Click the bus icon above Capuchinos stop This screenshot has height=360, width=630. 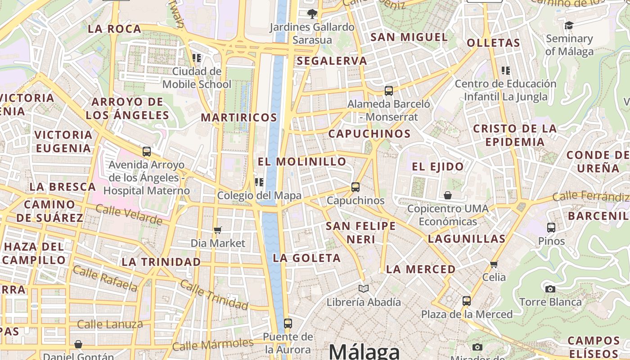pos(355,187)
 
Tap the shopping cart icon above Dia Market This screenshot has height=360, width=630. pos(218,230)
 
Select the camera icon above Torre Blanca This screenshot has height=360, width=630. pos(550,289)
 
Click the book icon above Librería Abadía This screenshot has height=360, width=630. pos(364,288)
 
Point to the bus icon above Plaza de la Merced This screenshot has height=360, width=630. pos(467,301)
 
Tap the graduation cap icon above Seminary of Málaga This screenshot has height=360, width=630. pos(569,25)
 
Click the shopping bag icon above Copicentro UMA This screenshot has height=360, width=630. pos(448,195)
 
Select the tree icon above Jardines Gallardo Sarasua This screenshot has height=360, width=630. pos(311,14)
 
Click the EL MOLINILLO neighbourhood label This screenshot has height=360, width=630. pos(302,162)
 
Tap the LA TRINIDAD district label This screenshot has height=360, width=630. pos(161,262)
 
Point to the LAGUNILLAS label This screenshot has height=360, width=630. pos(467,239)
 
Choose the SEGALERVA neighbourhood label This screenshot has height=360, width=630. pos(332,61)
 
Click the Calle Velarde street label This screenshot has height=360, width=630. pos(129,215)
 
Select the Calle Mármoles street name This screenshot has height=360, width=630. pos(213,345)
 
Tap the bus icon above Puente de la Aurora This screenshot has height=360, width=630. pos(288,323)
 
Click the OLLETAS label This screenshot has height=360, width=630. pos(493,43)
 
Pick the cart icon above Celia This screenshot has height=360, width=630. pos(494,264)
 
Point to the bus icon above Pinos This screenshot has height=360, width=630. pos(551,228)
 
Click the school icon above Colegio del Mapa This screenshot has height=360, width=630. pos(259,182)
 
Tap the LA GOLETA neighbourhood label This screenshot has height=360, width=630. pos(306,258)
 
